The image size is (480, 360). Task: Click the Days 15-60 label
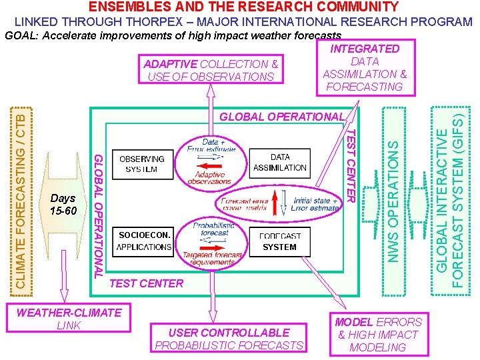pos(63,205)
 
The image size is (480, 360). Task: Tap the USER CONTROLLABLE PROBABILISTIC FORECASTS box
pos(229,339)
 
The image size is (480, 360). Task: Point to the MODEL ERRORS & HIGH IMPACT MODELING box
pos(378,335)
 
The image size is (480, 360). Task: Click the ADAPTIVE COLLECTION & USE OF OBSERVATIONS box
pos(211,70)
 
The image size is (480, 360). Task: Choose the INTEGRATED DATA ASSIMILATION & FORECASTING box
pos(365,67)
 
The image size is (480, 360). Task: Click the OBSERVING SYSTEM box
pos(142,164)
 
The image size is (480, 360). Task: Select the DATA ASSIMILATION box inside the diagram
pos(280,163)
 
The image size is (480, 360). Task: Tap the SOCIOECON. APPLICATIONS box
pos(144,241)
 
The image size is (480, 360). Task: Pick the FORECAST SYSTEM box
pos(279,241)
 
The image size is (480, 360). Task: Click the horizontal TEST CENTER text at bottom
pos(146,283)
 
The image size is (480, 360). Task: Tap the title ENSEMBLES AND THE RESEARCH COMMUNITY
pos(243,7)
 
